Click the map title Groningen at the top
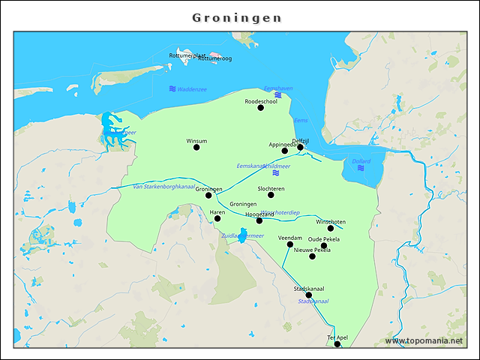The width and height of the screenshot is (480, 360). pyautogui.click(x=237, y=17)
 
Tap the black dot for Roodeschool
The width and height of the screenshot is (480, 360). pyautogui.click(x=261, y=108)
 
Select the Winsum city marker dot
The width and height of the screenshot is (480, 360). pyautogui.click(x=196, y=147)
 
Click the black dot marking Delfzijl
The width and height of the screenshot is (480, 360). pyautogui.click(x=300, y=147)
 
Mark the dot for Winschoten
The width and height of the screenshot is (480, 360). pyautogui.click(x=331, y=228)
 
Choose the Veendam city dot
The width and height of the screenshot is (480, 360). pyautogui.click(x=290, y=244)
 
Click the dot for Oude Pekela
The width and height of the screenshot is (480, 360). pyautogui.click(x=324, y=245)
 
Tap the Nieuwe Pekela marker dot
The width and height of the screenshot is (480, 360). pyautogui.click(x=313, y=256)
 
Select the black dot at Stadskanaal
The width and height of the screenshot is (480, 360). pyautogui.click(x=308, y=295)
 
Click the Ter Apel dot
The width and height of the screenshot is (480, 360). pyautogui.click(x=337, y=343)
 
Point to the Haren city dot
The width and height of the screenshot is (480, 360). pyautogui.click(x=217, y=218)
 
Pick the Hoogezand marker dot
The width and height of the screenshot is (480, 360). pyautogui.click(x=259, y=220)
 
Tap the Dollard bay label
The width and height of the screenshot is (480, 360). pyautogui.click(x=361, y=161)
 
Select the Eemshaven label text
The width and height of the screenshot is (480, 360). pyautogui.click(x=278, y=88)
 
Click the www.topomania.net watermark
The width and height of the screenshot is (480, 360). pyautogui.click(x=424, y=340)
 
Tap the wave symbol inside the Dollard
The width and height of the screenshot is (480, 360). pyautogui.click(x=361, y=169)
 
